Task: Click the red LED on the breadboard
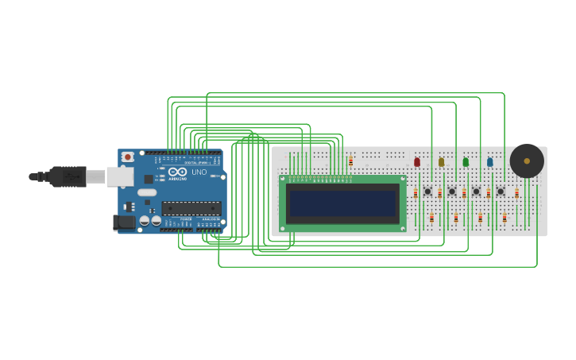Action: (417, 162)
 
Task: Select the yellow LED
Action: (441, 162)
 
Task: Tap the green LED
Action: (466, 162)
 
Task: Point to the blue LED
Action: (489, 162)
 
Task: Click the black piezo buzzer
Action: (527, 161)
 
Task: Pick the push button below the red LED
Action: (427, 191)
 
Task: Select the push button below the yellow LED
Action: (452, 191)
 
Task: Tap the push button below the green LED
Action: (476, 191)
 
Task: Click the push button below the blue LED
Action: (501, 191)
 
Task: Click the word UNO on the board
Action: (199, 172)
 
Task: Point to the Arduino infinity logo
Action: (177, 171)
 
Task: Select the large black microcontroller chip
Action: (191, 208)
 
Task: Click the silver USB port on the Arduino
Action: (119, 176)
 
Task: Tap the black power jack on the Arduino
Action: (124, 222)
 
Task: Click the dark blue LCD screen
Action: (342, 203)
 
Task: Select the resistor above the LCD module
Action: (350, 161)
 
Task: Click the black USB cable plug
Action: (68, 176)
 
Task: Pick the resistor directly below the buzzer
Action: (516, 193)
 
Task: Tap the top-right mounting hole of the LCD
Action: (403, 180)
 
